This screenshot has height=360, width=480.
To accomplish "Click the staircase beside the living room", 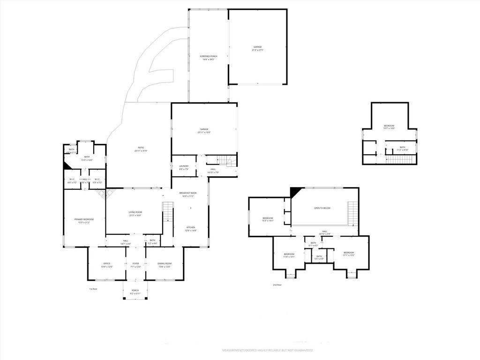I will coord(168,211).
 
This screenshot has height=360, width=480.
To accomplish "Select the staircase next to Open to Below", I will coord(352,213).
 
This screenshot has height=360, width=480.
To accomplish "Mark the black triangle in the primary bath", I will coord(67,165).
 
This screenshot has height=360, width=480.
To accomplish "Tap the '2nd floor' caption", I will coord(277,285).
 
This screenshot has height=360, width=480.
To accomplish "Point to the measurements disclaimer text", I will coord(267,350).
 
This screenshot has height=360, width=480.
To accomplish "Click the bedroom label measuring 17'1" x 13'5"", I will coord(348,255).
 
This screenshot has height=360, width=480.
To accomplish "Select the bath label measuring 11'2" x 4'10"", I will coord(402,149).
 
